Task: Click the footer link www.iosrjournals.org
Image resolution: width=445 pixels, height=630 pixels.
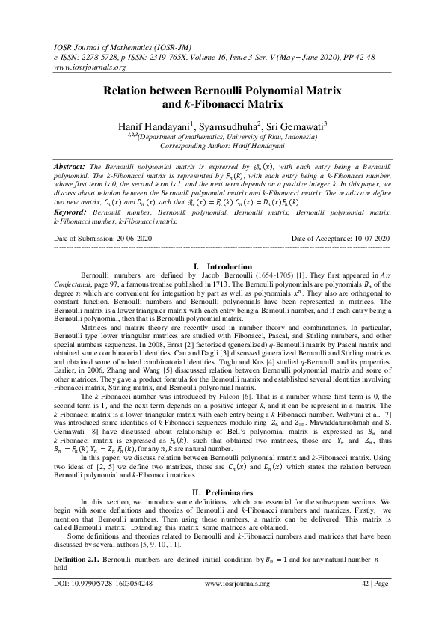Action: point(237,603)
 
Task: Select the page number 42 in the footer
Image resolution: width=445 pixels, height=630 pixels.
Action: point(365,603)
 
